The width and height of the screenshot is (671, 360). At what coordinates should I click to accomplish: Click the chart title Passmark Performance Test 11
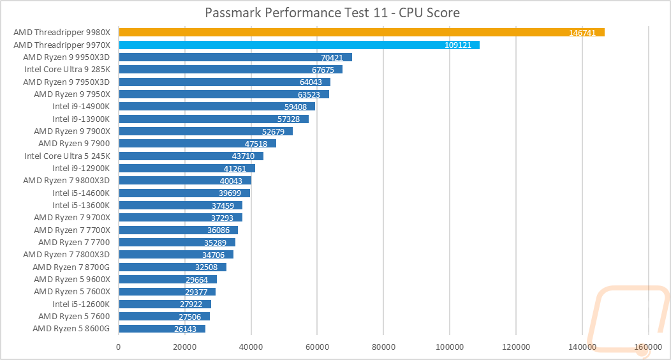coord(332,12)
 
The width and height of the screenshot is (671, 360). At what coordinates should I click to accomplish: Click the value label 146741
coord(582,33)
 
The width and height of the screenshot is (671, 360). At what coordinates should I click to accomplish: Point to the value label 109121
coord(458,45)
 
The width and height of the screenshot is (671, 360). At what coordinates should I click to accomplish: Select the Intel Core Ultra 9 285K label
coord(67,70)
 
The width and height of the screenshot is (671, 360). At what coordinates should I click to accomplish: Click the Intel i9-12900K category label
coord(81,169)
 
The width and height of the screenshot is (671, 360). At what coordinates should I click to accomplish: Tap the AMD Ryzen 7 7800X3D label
coord(66,255)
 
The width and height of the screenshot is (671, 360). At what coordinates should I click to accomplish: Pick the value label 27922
coord(191,304)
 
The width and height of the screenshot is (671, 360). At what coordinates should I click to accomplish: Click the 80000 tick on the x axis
coord(383,347)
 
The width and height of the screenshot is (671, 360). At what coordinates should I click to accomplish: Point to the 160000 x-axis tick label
coord(648,347)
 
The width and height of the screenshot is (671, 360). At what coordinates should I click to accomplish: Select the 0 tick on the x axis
coord(119,347)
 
